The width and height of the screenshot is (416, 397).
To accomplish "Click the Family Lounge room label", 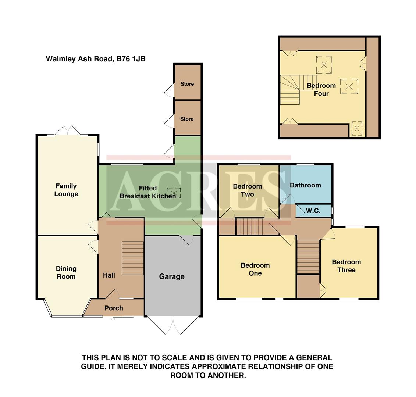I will (66, 190).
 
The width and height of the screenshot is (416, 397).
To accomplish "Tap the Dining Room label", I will (66, 273).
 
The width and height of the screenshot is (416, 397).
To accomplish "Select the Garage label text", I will (172, 276).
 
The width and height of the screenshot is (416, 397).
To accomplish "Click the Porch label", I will (114, 308).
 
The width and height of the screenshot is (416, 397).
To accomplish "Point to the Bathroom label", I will (305, 185).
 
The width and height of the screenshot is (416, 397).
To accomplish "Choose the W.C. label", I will (313, 211).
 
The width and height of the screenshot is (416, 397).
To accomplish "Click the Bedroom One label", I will (255, 269).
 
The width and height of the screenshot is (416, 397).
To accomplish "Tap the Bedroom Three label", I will (346, 266).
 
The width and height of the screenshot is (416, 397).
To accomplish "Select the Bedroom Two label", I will (248, 190).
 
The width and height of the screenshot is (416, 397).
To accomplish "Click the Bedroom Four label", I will (321, 89).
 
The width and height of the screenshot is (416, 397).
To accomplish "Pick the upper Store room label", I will (187, 84).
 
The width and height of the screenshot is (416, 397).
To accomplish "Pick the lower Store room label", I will (187, 119).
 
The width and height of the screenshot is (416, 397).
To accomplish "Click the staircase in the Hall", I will (132, 258).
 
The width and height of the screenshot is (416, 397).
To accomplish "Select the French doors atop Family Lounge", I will (68, 131).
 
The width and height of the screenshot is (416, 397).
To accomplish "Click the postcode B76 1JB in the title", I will (131, 59).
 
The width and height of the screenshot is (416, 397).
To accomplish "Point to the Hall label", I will (109, 275).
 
